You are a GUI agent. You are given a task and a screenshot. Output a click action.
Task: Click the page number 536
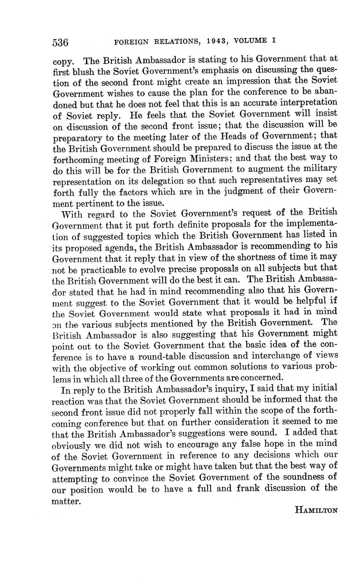(61, 42)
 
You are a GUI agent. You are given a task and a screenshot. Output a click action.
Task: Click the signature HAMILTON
(316, 510)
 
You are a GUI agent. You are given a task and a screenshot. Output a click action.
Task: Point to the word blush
(82, 70)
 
